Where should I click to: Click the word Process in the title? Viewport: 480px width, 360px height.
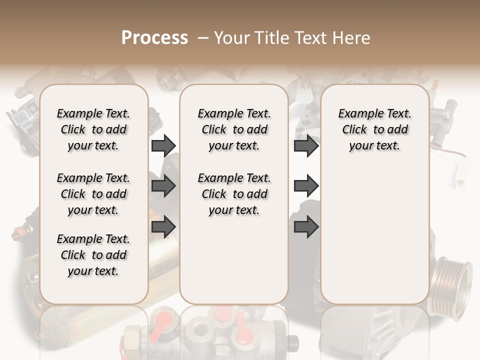point(154,37)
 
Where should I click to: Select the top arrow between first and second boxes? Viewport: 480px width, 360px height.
point(163,146)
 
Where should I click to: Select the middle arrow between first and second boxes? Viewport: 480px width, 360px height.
point(163,186)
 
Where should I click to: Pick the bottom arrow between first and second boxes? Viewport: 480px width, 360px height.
point(163,227)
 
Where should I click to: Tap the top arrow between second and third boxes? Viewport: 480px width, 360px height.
point(306,146)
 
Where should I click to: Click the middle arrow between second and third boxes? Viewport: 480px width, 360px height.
point(306,186)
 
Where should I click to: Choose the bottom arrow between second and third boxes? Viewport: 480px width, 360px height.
point(306,227)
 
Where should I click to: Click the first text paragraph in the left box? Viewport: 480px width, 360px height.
point(93,129)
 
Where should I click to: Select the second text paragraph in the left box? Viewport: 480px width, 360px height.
point(93,194)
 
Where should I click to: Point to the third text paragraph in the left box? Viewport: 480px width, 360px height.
point(93,255)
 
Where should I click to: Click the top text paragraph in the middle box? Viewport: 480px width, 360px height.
point(234,129)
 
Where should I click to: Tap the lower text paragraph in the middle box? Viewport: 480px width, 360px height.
point(234,194)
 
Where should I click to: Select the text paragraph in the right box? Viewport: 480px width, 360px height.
point(374,129)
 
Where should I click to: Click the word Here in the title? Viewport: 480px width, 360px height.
point(352,37)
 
